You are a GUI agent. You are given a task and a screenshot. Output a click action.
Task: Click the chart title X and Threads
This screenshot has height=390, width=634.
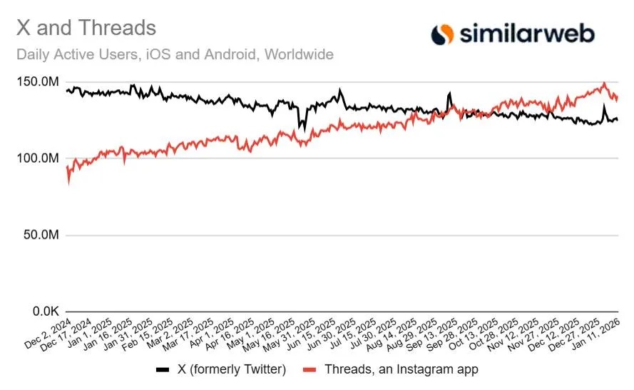pyautogui.click(x=86, y=28)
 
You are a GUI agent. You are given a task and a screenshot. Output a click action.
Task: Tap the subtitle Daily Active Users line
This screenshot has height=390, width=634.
pyautogui.click(x=175, y=54)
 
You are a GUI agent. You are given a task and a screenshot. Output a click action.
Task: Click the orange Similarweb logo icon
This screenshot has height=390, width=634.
pyautogui.click(x=443, y=33)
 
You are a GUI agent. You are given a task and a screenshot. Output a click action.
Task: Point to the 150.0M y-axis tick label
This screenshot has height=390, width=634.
pyautogui.click(x=38, y=82)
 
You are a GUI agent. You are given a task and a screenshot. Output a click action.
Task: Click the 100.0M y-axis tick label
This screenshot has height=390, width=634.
pyautogui.click(x=38, y=159)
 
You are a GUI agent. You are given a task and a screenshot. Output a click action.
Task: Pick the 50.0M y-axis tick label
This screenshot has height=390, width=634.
pyautogui.click(x=41, y=235)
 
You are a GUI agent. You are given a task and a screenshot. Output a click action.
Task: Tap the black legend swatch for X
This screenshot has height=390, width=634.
pyautogui.click(x=163, y=370)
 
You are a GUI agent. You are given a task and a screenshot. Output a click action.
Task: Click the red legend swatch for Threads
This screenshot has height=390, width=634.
pyautogui.click(x=310, y=370)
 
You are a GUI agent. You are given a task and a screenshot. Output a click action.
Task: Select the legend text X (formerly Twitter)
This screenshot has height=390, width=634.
pyautogui.click(x=230, y=370)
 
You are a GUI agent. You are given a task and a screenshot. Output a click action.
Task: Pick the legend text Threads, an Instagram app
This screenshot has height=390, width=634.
pyautogui.click(x=401, y=370)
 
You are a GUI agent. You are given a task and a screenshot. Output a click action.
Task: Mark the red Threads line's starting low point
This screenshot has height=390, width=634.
pyautogui.click(x=68, y=183)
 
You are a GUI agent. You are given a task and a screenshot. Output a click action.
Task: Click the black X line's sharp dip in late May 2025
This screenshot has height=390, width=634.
pyautogui.click(x=302, y=130)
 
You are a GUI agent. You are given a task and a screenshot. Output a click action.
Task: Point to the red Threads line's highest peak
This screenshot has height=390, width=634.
pyautogui.click(x=604, y=84)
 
